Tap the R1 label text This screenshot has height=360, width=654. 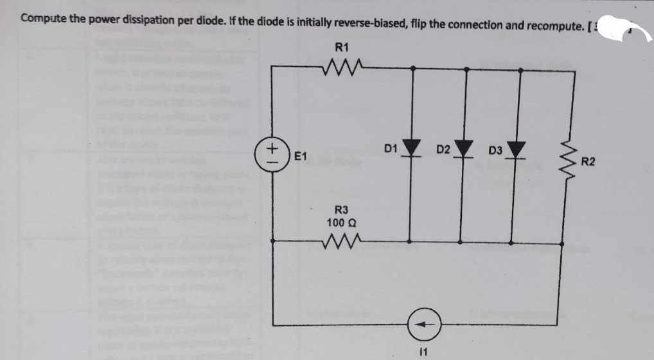(342, 46)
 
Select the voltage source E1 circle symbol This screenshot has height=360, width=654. (272, 156)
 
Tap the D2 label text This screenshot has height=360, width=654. (443, 150)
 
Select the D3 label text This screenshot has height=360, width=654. (495, 152)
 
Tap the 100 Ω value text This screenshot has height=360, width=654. (342, 222)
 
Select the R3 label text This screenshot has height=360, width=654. (342, 210)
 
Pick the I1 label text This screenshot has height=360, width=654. (422, 351)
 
